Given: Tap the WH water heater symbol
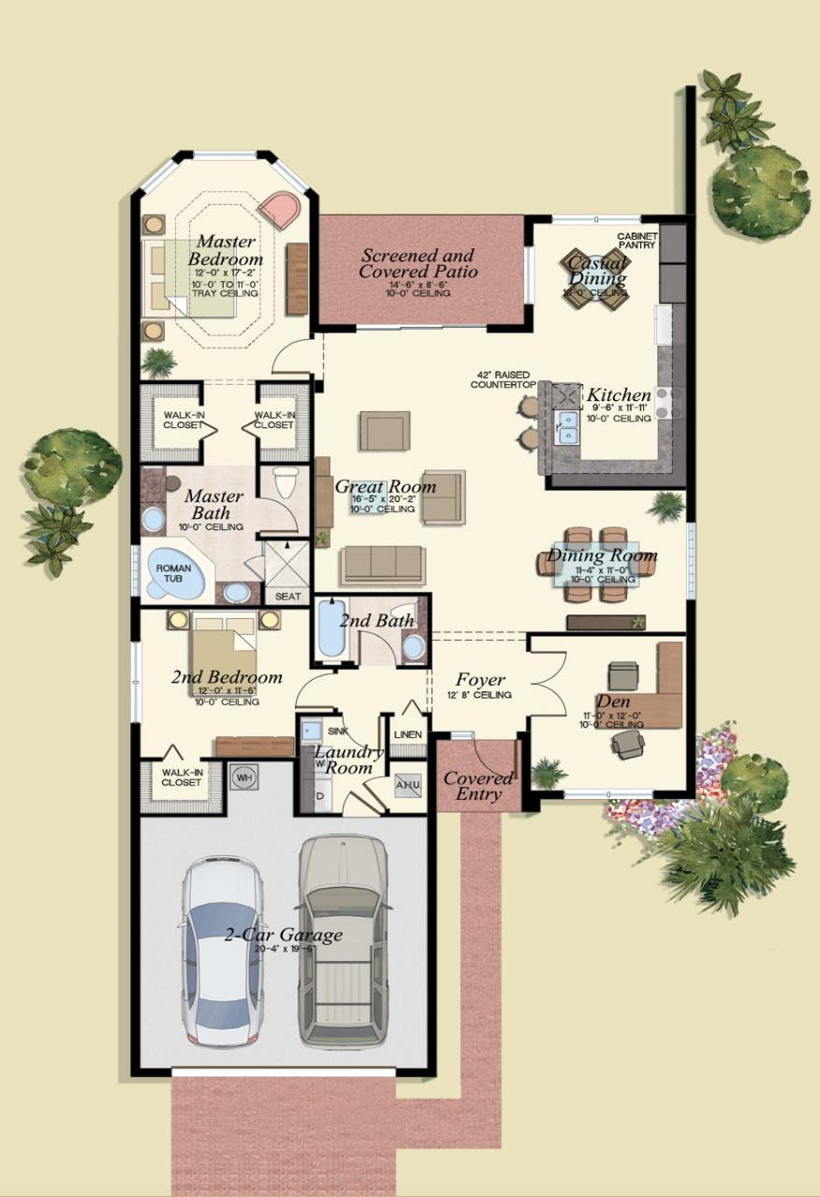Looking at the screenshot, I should pos(243,776).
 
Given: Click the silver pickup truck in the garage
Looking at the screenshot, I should pos(343,941).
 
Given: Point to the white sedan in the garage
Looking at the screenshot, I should pos(222,951).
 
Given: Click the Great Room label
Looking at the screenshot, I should pos(385,486).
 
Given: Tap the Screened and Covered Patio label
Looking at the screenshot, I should pos(417,263).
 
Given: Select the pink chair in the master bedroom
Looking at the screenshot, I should pos(279,210).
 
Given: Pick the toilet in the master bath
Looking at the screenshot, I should pos(285,483).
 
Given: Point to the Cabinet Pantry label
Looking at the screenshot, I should pos(637,241).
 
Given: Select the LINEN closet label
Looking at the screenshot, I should pos(407,734).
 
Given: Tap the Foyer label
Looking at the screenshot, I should pos(480,680).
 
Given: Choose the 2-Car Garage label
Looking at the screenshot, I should pos(283,935).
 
